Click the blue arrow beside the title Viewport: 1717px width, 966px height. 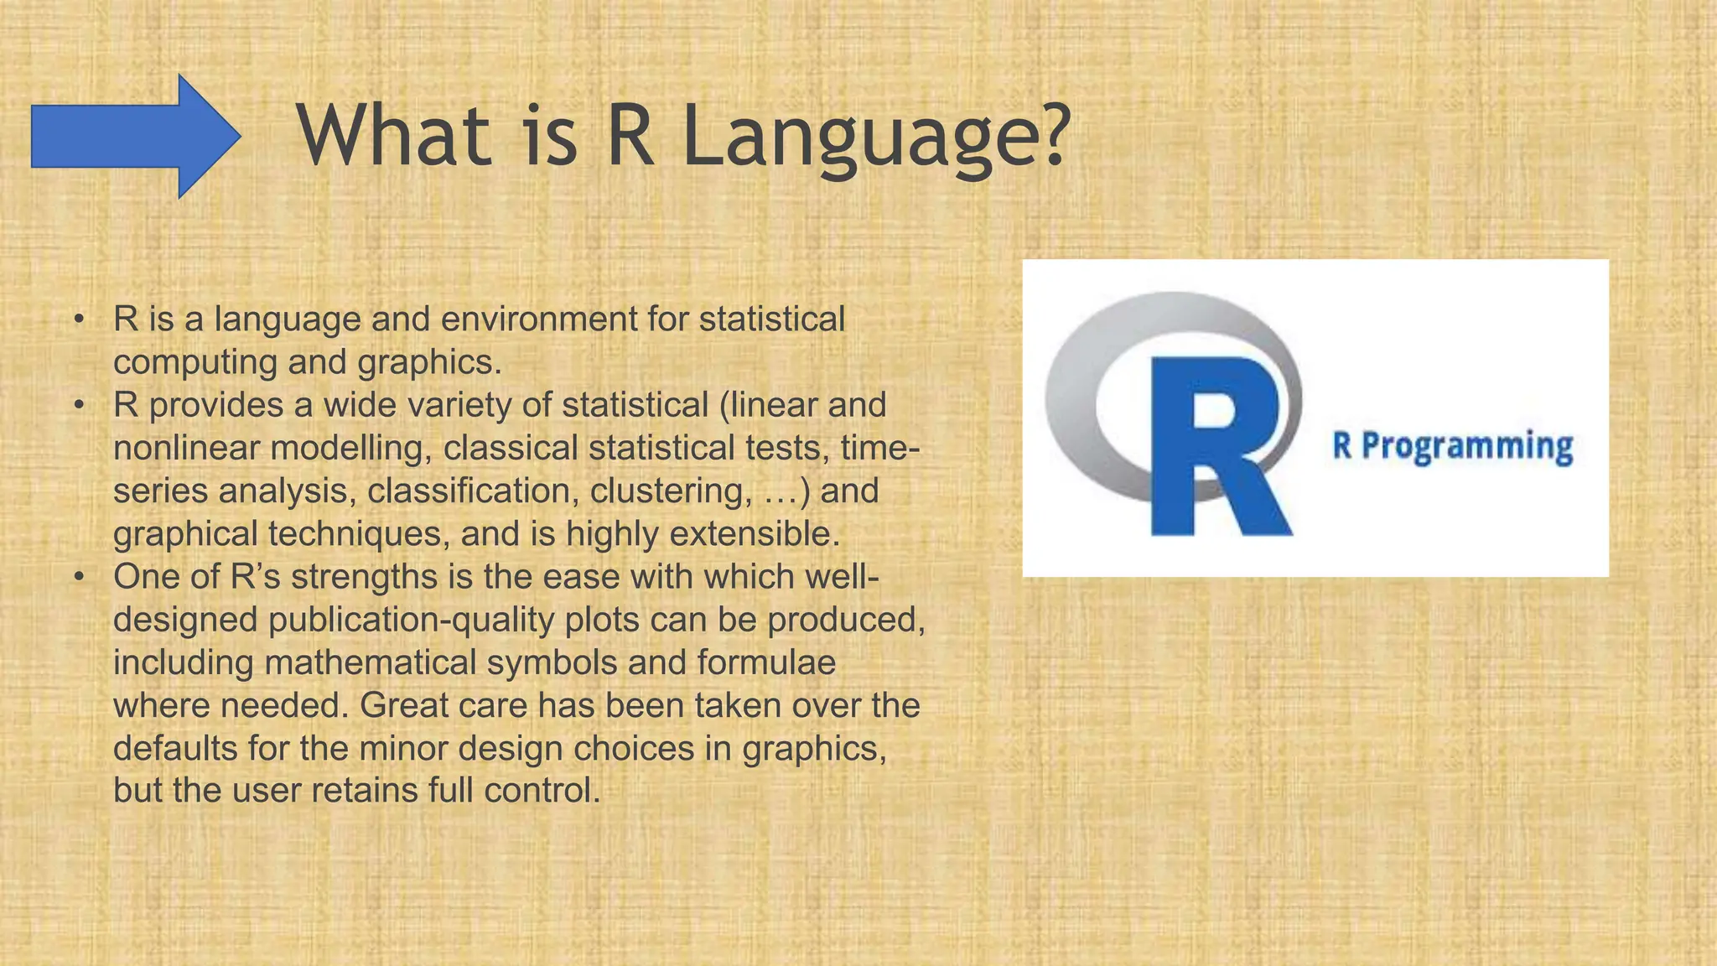click(134, 137)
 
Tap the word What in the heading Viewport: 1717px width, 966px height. click(393, 135)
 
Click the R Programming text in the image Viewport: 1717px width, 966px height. click(1452, 446)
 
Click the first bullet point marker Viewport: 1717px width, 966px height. click(79, 319)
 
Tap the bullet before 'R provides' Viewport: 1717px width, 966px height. click(79, 405)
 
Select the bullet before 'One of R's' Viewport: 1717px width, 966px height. click(79, 577)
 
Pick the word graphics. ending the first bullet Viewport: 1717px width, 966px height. click(429, 362)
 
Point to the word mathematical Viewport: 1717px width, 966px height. click(370, 662)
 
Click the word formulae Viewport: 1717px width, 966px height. click(766, 662)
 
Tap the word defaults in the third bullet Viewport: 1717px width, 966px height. click(175, 748)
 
